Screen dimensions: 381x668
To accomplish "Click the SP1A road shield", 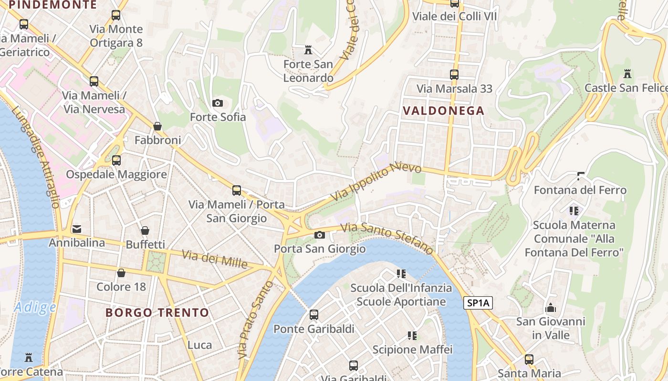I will tap(478, 303).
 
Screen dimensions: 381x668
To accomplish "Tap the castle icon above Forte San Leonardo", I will tap(308, 50).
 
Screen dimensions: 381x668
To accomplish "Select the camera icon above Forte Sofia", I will tap(217, 103).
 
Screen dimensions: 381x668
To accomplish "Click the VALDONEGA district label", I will tap(443, 111).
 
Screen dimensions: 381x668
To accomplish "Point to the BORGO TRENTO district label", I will tap(157, 313).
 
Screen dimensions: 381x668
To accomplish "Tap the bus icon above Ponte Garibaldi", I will tap(313, 314).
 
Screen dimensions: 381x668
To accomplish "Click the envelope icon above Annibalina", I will tap(77, 229).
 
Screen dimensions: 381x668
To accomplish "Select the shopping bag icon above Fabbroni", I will tap(157, 126).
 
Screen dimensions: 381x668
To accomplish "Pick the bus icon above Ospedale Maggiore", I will tap(116, 160).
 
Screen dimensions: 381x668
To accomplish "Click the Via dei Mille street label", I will tap(214, 259).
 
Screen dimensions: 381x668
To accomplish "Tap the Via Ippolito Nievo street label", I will tap(376, 181).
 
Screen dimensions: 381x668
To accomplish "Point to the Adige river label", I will tap(35, 308).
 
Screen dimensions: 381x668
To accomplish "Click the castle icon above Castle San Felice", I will tap(627, 74).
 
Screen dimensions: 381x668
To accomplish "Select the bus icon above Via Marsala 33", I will tap(454, 75).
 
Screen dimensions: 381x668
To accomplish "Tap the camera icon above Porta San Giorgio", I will tap(319, 235).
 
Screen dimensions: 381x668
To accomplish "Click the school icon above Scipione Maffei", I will tap(412, 336).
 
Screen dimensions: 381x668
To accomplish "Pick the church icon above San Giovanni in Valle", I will tap(551, 308).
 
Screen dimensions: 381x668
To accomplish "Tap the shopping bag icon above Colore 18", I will tap(121, 273).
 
